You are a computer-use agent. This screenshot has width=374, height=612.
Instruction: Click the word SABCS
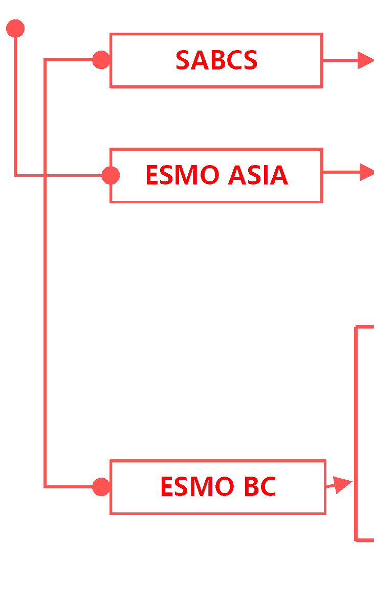[x=216, y=60]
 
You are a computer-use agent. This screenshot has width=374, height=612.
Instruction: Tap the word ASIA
[x=258, y=176]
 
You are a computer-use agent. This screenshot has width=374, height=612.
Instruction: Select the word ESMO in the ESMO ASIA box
[x=182, y=176]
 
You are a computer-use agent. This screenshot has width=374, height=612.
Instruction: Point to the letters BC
[x=259, y=487]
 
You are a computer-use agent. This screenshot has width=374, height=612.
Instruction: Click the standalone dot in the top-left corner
[x=15, y=29]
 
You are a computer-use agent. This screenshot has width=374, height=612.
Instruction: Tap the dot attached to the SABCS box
[x=101, y=60]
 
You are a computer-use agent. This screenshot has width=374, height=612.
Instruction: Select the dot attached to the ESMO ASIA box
[x=111, y=176]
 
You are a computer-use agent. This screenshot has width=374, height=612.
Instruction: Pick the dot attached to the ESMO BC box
[x=101, y=487]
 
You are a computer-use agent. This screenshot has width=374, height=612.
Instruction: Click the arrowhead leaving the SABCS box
[x=365, y=60]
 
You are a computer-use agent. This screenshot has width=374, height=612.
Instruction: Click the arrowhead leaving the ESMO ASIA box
[x=366, y=173]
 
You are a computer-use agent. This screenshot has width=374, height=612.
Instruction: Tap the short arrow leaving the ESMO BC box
[x=340, y=484]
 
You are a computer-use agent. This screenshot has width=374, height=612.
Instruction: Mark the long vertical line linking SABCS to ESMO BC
[x=45, y=307]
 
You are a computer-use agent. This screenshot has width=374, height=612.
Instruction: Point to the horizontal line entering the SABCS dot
[x=69, y=60]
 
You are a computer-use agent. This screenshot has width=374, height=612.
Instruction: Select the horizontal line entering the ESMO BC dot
[x=69, y=487]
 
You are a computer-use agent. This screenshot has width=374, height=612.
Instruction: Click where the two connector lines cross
[x=45, y=176]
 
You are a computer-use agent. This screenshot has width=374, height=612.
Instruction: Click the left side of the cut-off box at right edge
[x=356, y=434]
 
